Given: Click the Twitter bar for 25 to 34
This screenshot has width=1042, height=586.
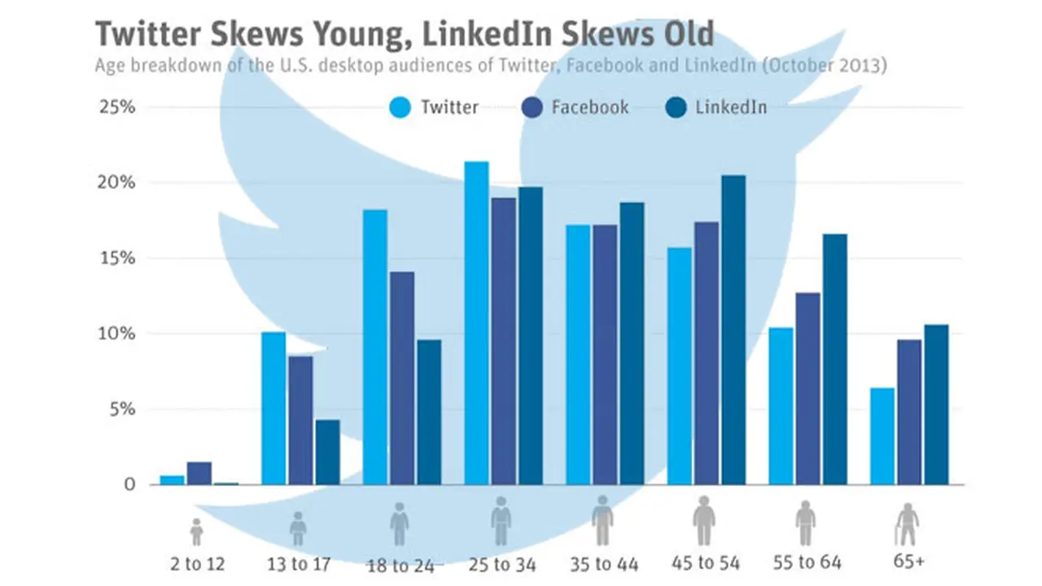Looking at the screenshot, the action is coord(477,323).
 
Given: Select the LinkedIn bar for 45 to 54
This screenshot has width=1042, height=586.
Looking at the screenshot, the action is coord(734,330).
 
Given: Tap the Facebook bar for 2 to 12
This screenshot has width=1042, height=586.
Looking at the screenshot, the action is coord(199,474).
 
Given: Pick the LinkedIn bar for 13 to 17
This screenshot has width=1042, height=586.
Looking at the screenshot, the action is coord(328,453).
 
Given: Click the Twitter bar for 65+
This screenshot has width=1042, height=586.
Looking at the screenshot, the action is coord(882,436).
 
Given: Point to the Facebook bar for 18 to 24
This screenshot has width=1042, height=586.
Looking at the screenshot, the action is coord(402,378).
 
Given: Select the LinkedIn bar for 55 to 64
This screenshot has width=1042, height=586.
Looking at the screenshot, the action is coord(835,360).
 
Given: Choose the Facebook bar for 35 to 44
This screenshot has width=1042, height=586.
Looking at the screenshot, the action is coord(605,355).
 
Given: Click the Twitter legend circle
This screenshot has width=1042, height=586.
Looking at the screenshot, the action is coord(400,107).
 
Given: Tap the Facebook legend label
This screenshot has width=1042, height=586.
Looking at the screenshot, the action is coord(590,107).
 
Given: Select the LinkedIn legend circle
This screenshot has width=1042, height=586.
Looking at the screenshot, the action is coord(676,107).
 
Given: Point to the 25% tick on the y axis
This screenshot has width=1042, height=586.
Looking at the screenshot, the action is coord(117,107).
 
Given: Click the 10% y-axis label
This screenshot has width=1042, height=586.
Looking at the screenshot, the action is coord(116,334).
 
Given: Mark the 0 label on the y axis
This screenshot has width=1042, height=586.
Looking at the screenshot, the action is coord(129,484).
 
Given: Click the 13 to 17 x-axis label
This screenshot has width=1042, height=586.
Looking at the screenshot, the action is coord(299,565).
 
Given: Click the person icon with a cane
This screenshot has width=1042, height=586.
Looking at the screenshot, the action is coord(907,525).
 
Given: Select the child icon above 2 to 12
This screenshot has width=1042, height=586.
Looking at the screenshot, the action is coord(197,532).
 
